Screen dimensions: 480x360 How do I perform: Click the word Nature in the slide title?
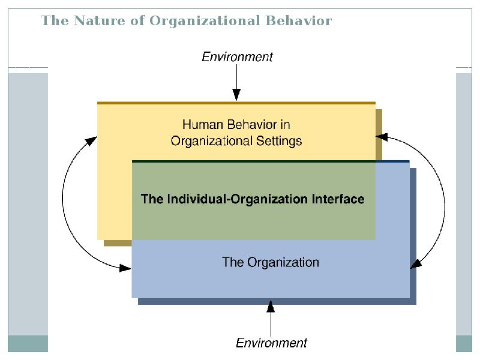point(100,20)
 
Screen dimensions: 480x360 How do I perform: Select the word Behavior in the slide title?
point(299,20)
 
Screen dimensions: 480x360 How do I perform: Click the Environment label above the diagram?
point(237,57)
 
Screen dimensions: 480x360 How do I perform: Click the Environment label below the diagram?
point(271,343)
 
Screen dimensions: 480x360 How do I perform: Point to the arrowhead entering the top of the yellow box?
point(236,95)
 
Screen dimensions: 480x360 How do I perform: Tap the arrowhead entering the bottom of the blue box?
point(271,306)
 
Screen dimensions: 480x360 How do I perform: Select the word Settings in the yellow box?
point(279,142)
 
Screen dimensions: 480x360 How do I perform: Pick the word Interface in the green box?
point(338,199)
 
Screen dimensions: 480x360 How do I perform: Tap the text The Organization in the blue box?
point(271,262)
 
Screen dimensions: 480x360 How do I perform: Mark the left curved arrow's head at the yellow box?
point(91,141)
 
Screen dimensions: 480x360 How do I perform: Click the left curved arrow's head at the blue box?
point(125,268)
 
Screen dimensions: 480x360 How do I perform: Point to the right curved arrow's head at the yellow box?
point(382,137)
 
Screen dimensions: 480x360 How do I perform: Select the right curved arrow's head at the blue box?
point(415,264)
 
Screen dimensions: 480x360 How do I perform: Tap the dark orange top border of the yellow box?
point(236,103)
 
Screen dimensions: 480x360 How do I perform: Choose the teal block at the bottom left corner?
point(28,343)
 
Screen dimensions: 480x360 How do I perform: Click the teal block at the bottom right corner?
point(464,343)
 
